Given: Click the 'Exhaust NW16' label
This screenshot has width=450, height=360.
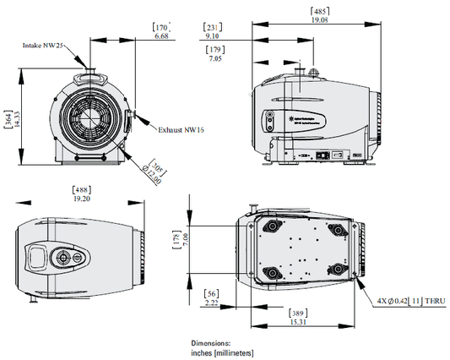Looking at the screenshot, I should (x=182, y=130).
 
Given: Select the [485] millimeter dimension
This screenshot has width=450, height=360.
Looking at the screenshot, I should (x=321, y=11).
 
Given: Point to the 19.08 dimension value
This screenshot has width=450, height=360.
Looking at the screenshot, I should (x=321, y=20).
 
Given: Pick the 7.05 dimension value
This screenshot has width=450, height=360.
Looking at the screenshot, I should (x=217, y=60).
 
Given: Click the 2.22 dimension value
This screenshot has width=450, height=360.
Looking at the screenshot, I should (x=212, y=302).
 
